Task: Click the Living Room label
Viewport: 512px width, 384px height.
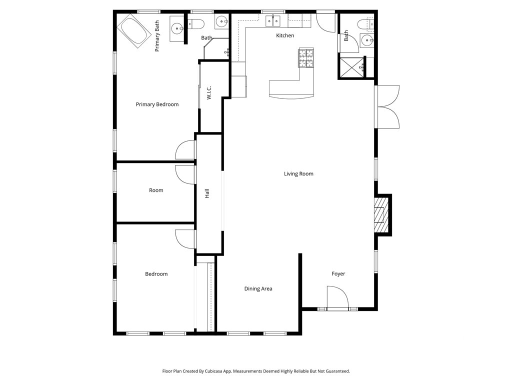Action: pos(298,173)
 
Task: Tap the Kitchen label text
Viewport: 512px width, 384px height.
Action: pos(285,35)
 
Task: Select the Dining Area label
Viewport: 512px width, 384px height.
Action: pos(258,288)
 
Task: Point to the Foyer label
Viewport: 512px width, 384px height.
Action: pos(338,274)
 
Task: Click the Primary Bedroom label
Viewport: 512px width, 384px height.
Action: pos(157,104)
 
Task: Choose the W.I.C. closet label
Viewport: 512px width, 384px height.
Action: pos(209,92)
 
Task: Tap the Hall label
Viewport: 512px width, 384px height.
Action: pos(207,193)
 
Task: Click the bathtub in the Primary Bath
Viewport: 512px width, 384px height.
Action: pos(134,31)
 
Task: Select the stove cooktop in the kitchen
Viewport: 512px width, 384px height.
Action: pos(306,58)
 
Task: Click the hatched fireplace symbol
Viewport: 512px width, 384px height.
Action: pos(380,214)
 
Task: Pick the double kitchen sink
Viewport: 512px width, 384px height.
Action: pos(273,20)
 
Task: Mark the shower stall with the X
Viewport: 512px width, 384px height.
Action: pos(351,67)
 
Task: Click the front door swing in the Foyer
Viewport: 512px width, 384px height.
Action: pos(338,297)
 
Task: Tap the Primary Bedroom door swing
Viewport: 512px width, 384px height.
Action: pos(185,150)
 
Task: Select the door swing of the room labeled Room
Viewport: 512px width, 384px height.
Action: pos(185,175)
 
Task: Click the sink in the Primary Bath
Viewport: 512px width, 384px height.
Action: pos(177,28)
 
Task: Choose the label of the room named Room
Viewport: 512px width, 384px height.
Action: pos(156,190)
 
